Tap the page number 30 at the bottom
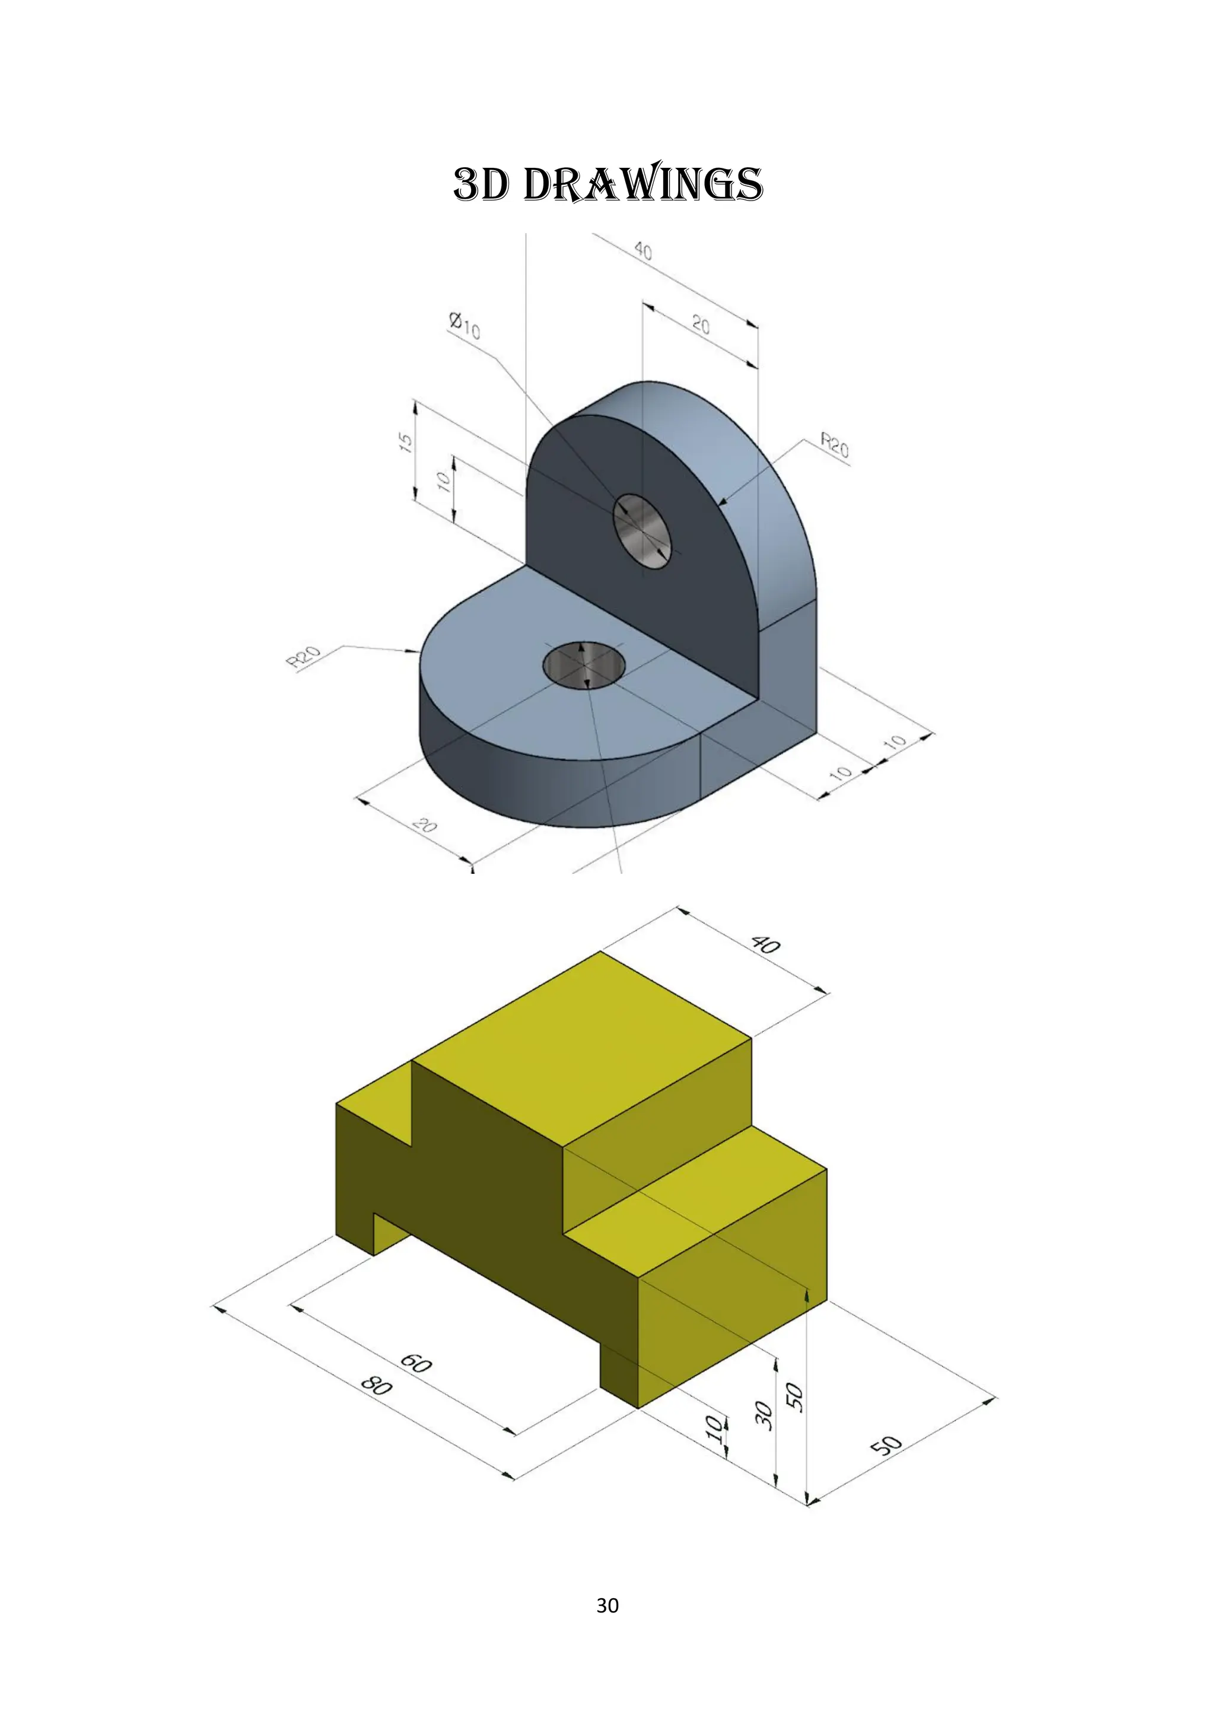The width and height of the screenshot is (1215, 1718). [607, 1605]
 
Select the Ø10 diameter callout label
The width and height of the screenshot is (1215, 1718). [465, 326]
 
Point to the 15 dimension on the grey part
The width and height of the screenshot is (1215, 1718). [405, 442]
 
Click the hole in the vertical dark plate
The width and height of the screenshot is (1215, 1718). [642, 532]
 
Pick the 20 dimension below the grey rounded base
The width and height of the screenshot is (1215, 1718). [425, 826]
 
